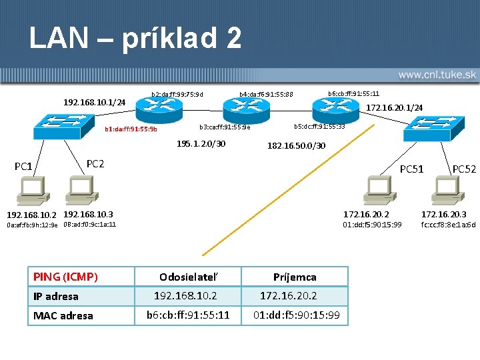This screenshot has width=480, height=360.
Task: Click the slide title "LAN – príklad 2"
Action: (135, 38)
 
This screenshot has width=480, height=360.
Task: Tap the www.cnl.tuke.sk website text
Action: (436, 75)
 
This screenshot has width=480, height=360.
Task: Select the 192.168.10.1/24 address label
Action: (94, 102)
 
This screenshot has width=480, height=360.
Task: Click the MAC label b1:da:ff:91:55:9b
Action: (131, 129)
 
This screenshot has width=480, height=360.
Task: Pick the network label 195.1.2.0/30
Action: (201, 144)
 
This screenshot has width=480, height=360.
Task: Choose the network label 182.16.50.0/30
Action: (297, 145)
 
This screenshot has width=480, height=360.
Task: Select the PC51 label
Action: (411, 169)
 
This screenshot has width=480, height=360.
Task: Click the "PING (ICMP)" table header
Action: (66, 277)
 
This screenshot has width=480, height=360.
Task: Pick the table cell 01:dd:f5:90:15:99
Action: (295, 315)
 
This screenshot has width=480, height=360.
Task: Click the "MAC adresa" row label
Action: (63, 315)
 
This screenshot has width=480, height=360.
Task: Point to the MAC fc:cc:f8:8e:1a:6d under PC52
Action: (448, 225)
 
